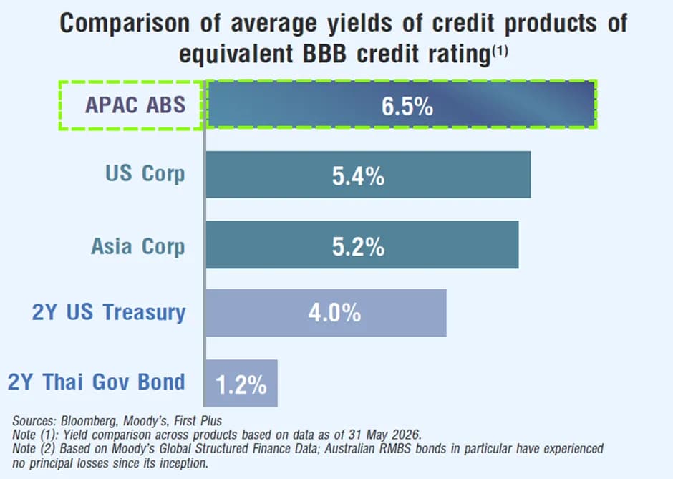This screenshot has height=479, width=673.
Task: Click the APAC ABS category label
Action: tap(135, 105)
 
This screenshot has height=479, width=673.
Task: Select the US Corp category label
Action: tap(145, 174)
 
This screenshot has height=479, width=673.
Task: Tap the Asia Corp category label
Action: tap(137, 247)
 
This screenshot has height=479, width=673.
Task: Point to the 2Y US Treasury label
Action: tap(109, 312)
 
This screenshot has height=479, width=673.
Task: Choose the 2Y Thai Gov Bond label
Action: tap(96, 382)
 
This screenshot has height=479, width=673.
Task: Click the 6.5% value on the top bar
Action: tap(407, 106)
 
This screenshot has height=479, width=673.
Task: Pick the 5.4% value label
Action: tap(359, 176)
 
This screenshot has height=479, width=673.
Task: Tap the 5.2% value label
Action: tap(359, 247)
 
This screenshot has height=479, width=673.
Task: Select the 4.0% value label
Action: tap(335, 312)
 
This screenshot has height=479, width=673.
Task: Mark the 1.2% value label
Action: tap(241, 384)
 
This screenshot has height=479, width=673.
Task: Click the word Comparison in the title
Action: tap(125, 24)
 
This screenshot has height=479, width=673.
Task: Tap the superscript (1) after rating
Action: tap(500, 52)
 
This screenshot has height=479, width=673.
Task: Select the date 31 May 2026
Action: tap(384, 435)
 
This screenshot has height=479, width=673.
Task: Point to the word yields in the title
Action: tap(359, 24)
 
